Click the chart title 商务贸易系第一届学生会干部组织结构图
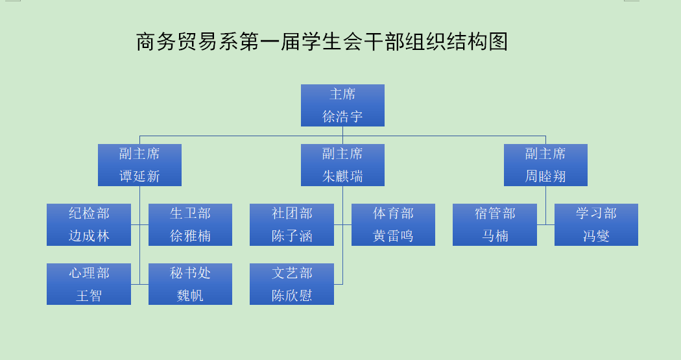(322, 42)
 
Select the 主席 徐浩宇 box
(342, 106)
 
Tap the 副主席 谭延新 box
(139, 165)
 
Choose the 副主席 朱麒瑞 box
(342, 165)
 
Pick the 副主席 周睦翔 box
(545, 165)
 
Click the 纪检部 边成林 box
(89, 224)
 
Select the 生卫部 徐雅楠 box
(190, 224)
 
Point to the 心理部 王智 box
(89, 284)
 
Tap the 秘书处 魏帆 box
(190, 284)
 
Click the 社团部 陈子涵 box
(292, 224)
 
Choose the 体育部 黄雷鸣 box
(393, 224)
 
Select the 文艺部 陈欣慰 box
(292, 284)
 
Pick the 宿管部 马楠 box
(495, 224)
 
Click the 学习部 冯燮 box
(596, 224)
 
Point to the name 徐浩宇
(342, 116)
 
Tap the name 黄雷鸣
(393, 236)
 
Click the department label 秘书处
(190, 273)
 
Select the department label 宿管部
(495, 213)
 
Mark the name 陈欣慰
(292, 295)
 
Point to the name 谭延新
(139, 176)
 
